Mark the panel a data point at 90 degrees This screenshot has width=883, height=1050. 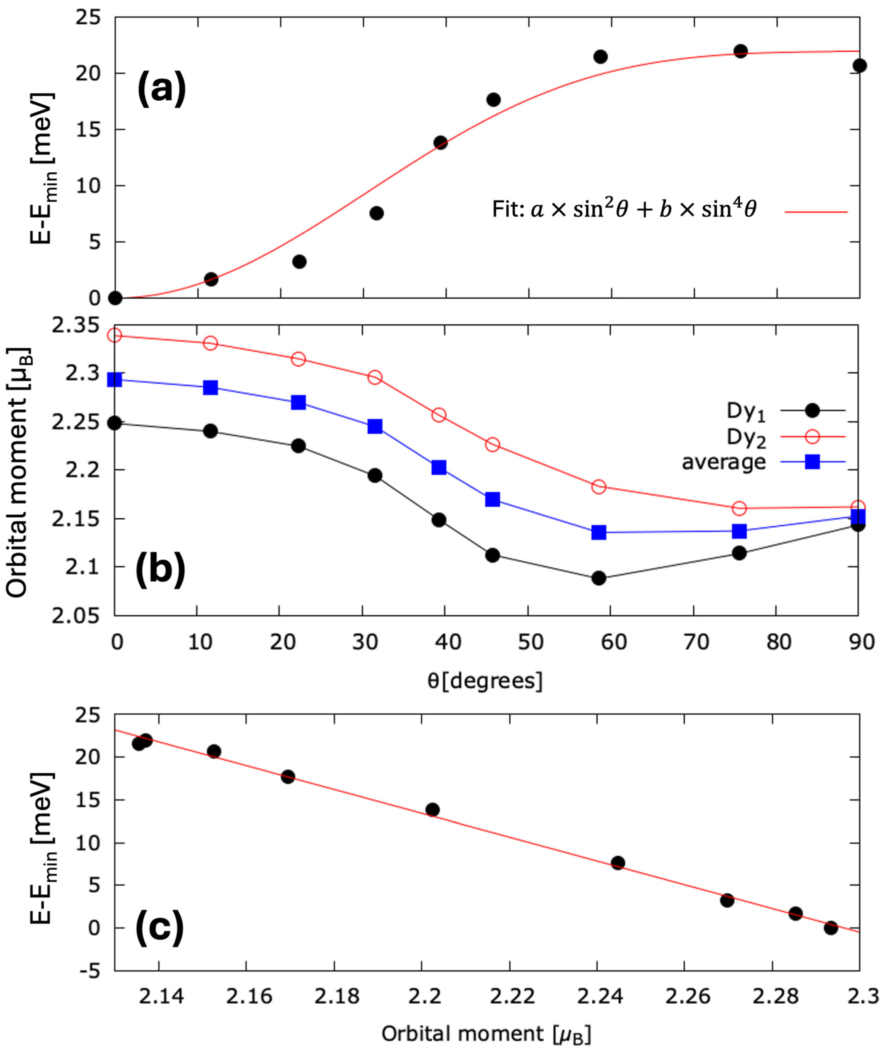click(859, 66)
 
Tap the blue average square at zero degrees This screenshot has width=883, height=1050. click(115, 380)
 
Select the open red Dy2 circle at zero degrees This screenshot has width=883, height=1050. click(115, 335)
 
